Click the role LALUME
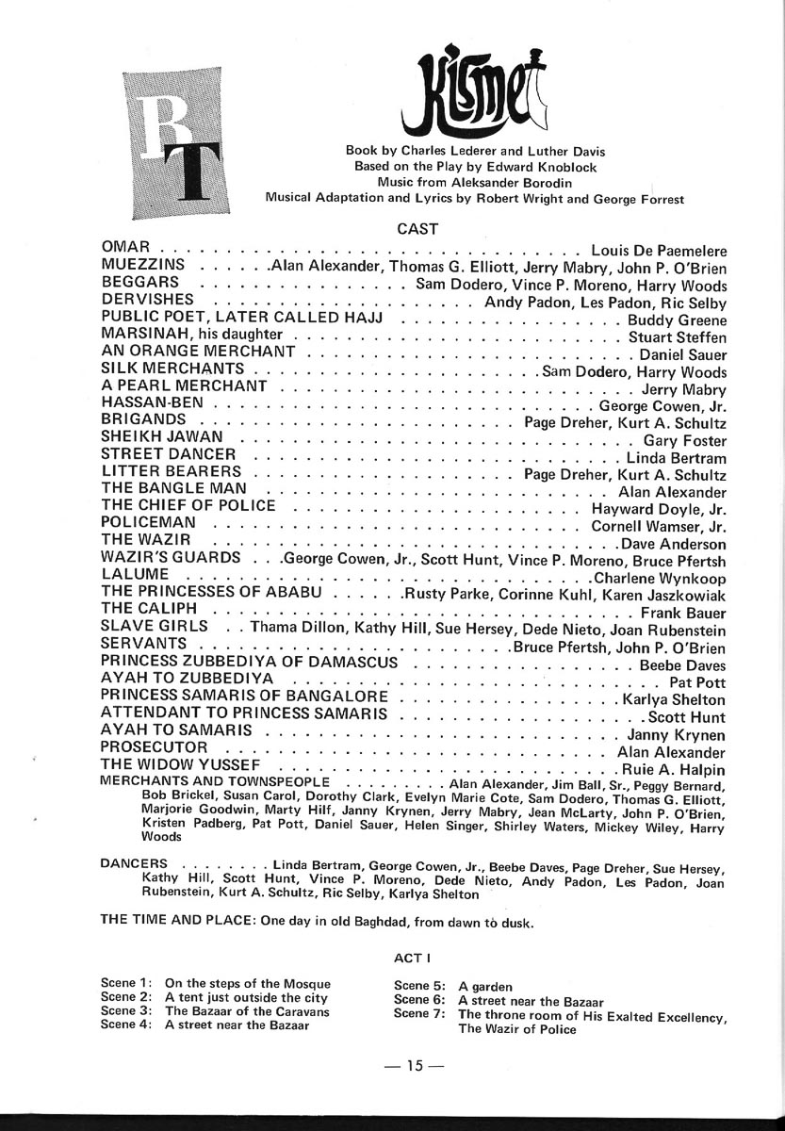[135, 573]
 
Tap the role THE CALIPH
[149, 608]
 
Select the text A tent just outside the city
[246, 996]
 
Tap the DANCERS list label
[135, 862]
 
